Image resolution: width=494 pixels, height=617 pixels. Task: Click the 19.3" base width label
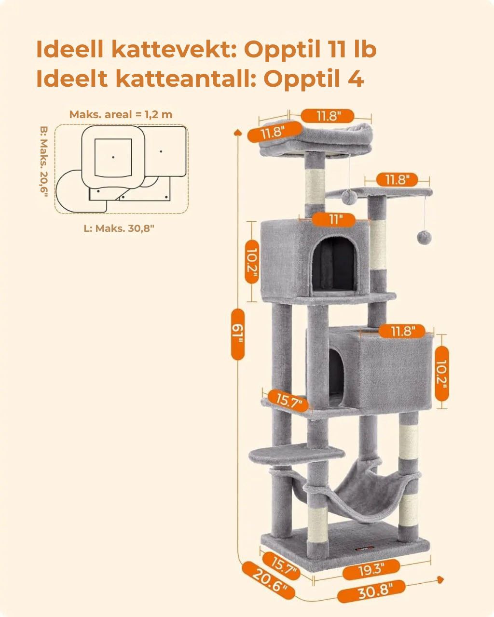click(371, 570)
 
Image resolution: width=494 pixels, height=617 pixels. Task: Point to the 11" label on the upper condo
click(334, 219)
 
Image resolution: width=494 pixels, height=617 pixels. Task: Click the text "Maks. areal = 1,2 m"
click(121, 115)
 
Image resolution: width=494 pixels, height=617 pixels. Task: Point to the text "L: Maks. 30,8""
click(119, 228)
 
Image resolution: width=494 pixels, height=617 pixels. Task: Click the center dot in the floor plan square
click(113, 157)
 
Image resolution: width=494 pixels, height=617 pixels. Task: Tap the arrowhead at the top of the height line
click(238, 131)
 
